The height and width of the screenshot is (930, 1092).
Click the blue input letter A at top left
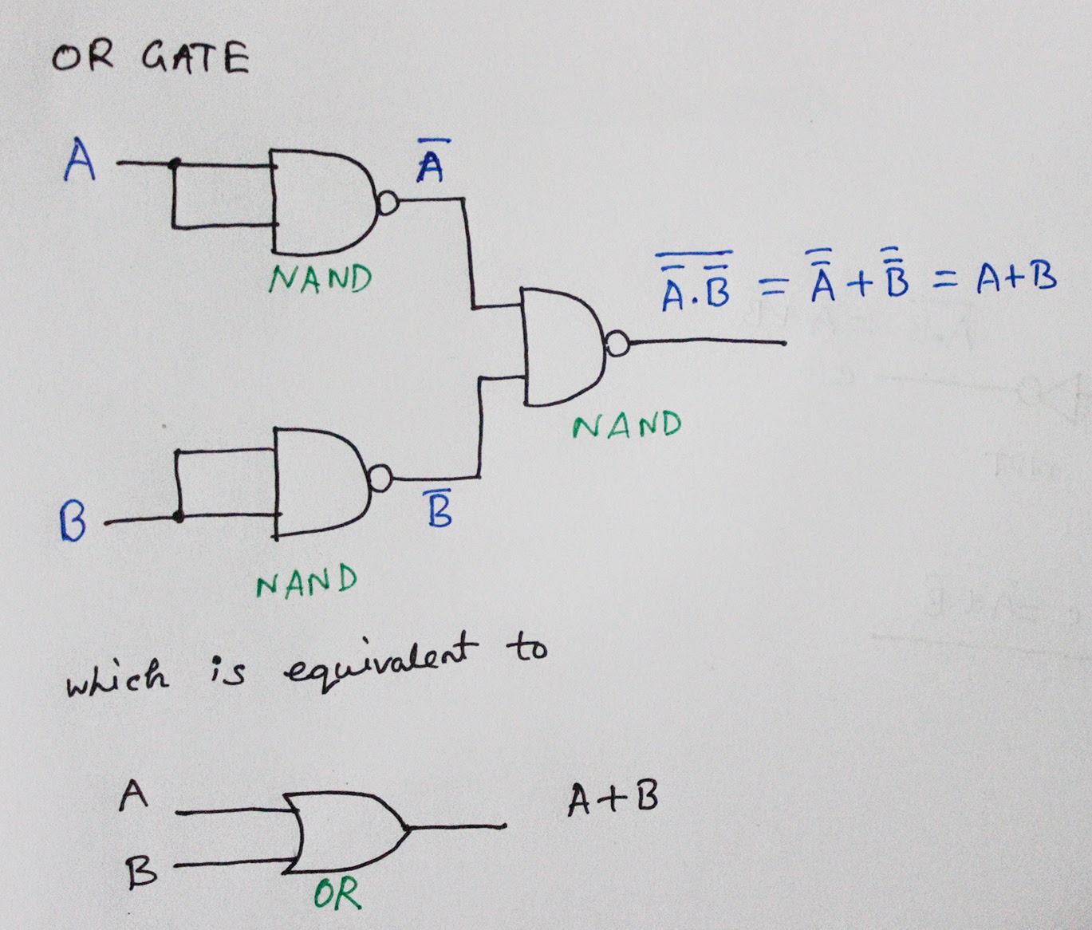click(x=80, y=160)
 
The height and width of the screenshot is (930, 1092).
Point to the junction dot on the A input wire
click(x=175, y=164)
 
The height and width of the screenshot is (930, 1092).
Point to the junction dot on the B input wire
click(x=178, y=518)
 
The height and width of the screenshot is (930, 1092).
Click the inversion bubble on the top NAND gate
click(x=387, y=204)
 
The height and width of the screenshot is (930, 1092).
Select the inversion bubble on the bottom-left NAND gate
click(x=380, y=479)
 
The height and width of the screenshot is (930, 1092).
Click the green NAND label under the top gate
click(x=320, y=279)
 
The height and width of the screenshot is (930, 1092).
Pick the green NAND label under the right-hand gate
click(x=627, y=425)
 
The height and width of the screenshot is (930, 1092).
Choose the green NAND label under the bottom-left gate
click(x=306, y=582)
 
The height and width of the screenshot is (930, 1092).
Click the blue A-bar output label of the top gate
click(x=431, y=163)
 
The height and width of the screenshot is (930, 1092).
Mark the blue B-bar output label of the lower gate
click(x=439, y=510)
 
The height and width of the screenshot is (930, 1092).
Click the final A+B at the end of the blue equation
click(x=1016, y=278)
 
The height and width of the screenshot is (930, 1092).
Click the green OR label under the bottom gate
click(x=337, y=895)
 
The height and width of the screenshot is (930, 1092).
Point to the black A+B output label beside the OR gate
click(x=613, y=800)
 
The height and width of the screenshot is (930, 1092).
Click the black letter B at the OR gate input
click(x=141, y=874)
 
